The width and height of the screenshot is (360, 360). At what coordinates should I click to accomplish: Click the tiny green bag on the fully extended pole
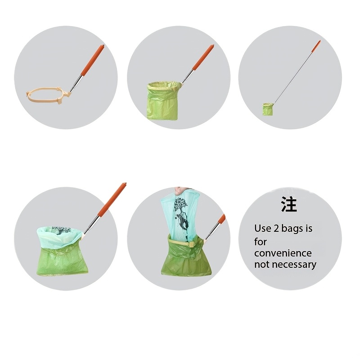tap(267, 109)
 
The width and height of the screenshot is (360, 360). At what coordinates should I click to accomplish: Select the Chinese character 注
tap(289, 204)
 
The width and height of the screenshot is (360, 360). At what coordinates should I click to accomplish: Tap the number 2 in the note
tap(275, 229)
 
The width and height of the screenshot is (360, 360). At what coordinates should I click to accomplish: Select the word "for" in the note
tap(261, 242)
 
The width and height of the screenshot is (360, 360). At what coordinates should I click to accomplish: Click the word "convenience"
tap(283, 253)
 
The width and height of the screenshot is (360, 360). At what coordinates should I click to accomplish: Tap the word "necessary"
tap(293, 265)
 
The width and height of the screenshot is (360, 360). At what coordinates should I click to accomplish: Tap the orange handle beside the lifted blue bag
tap(221, 220)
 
